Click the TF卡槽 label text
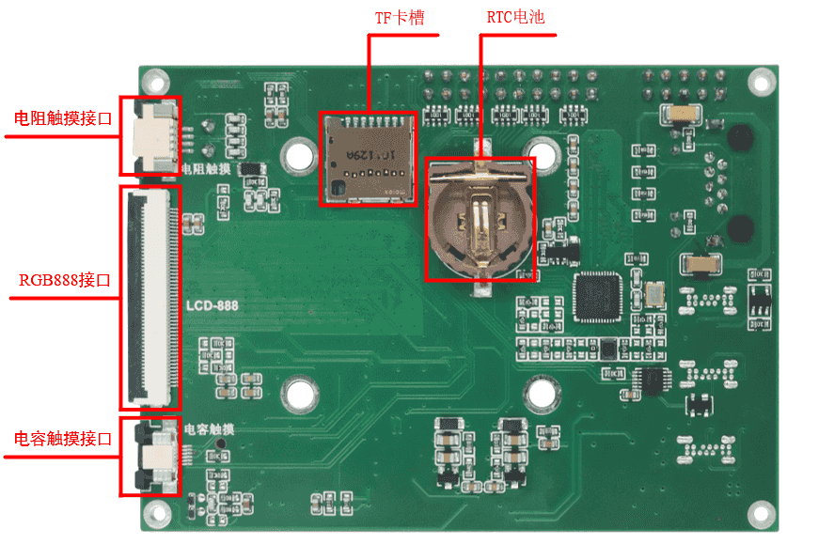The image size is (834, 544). (x=402, y=18)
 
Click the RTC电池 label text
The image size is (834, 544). (x=515, y=18)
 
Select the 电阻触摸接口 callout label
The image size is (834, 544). (x=63, y=119)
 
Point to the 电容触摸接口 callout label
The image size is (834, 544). (x=63, y=439)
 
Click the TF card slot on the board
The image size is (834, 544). (x=369, y=158)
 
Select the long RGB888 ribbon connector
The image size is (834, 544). (x=149, y=297)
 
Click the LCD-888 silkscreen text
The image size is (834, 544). (x=212, y=306)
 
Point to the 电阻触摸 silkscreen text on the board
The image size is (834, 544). (x=205, y=169)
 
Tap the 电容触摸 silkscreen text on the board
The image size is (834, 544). (x=209, y=429)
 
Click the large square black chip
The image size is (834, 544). (x=600, y=296)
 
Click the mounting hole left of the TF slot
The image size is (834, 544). (x=300, y=153)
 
